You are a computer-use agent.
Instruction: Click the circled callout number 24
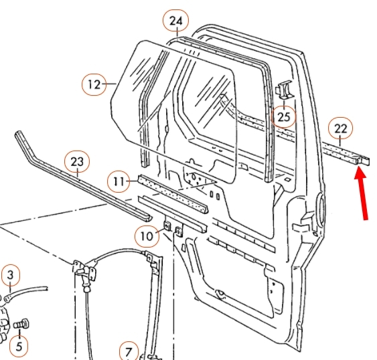pyautogui.click(x=175, y=21)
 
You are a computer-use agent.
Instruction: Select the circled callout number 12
pyautogui.click(x=94, y=84)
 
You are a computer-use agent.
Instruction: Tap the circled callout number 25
pyautogui.click(x=283, y=117)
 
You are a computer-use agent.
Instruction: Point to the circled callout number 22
pyautogui.click(x=340, y=129)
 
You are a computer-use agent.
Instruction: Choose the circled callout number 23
pyautogui.click(x=77, y=162)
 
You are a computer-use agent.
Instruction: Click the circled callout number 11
pyautogui.click(x=119, y=181)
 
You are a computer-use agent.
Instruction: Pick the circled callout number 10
pyautogui.click(x=147, y=236)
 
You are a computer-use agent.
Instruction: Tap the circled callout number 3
pyautogui.click(x=10, y=276)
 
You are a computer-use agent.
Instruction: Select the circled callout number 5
pyautogui.click(x=19, y=346)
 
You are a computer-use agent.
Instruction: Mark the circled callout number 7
pyautogui.click(x=129, y=351)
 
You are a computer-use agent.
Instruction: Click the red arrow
pyautogui.click(x=362, y=192)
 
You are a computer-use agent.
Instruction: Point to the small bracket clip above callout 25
pyautogui.click(x=284, y=90)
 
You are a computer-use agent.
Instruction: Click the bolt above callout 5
pyautogui.click(x=21, y=324)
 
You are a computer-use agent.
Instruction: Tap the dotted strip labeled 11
pyautogui.click(x=173, y=194)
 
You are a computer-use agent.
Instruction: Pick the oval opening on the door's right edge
pyautogui.click(x=320, y=207)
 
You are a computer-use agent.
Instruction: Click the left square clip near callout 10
pyautogui.click(x=167, y=226)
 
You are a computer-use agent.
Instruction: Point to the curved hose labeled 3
pyautogui.click(x=25, y=292)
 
